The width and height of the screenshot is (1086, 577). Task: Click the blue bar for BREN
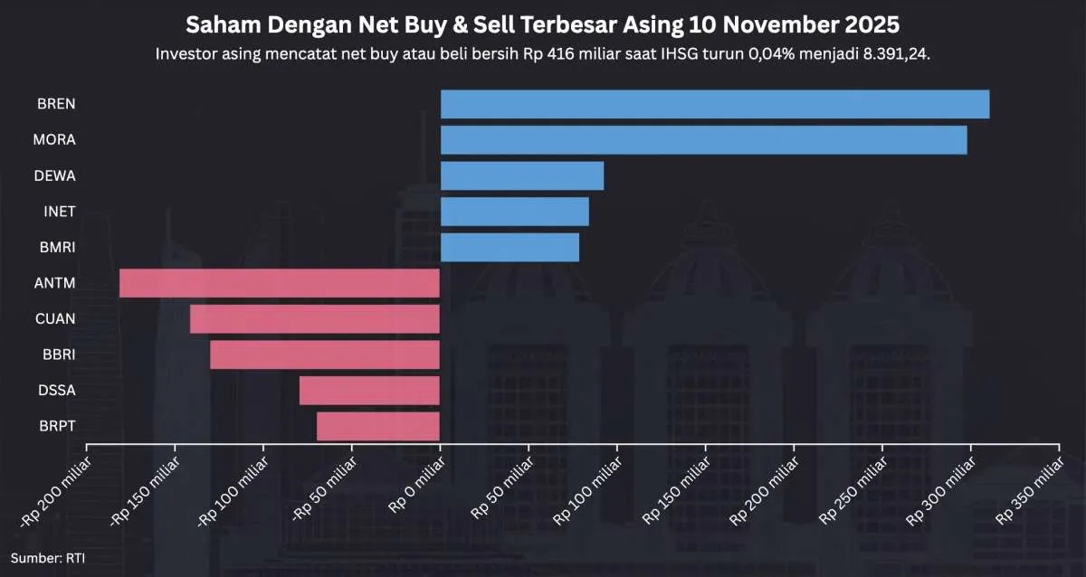pos(715,104)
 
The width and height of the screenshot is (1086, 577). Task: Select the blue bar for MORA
pos(703,140)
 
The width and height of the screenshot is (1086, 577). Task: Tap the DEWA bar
pos(522,175)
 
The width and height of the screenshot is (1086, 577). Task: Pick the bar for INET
pos(514,212)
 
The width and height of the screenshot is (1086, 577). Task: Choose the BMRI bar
pos(510,247)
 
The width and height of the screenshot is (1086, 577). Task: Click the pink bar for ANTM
pos(280,283)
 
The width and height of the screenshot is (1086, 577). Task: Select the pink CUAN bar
pos(315,319)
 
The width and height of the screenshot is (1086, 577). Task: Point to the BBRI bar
pos(325,355)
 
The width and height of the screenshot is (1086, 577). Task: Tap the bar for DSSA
pos(369,391)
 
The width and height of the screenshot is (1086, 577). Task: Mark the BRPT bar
pos(378,426)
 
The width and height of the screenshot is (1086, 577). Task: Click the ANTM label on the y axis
pos(56,283)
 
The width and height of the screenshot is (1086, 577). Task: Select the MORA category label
pos(54,140)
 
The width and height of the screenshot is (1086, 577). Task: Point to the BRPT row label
pos(57,426)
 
